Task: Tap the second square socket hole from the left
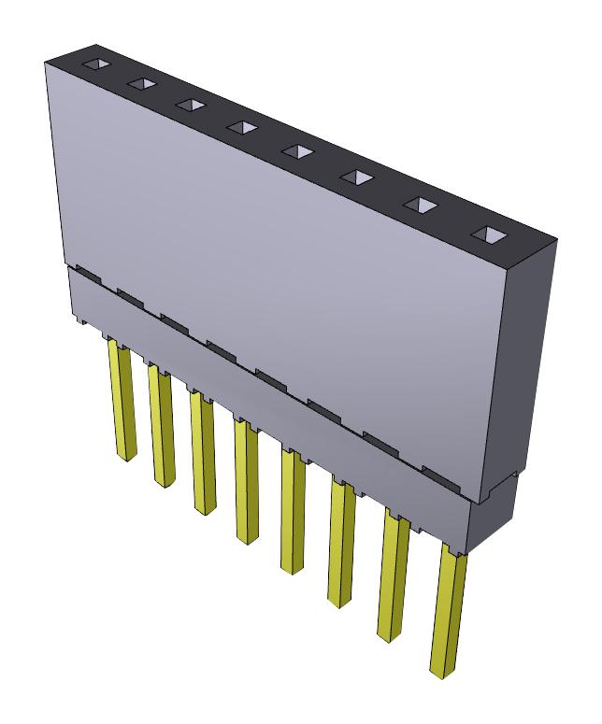pyautogui.click(x=142, y=84)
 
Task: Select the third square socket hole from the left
pyautogui.click(x=190, y=104)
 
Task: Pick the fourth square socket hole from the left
pyautogui.click(x=241, y=125)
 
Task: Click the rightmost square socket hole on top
pyautogui.click(x=486, y=234)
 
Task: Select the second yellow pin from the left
pyautogui.click(x=161, y=425)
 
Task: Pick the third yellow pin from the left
pyautogui.click(x=203, y=452)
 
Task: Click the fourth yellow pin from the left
pyautogui.click(x=247, y=481)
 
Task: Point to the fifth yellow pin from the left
pyautogui.click(x=293, y=512)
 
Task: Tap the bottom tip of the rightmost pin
pyautogui.click(x=440, y=671)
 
